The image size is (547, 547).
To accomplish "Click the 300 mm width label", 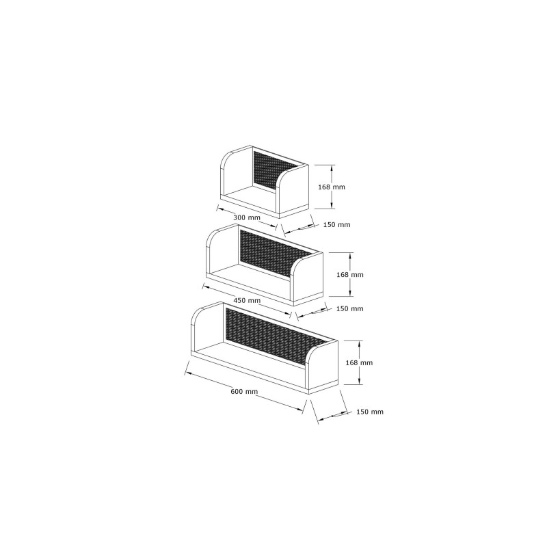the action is pos(247,217).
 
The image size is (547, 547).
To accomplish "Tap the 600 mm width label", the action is pos(244,391).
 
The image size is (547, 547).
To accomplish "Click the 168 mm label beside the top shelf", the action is pos(332,187).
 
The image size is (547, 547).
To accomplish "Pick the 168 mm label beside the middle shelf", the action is pos(350,275).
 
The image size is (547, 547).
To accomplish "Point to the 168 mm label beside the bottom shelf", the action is pos(359,363).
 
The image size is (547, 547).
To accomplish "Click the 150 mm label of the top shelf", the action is pos(336,225).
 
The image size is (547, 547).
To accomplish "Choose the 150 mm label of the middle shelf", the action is pos(350,309).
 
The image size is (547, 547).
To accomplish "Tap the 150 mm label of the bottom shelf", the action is pos(370,412).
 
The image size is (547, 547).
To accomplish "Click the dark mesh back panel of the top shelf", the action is pos(276,171).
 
